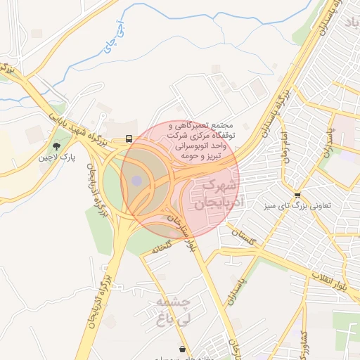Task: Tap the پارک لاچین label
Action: pos(56,157)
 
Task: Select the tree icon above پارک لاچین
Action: pos(56,146)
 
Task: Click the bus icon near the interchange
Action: pos(129,139)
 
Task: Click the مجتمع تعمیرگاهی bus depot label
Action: pos(204,141)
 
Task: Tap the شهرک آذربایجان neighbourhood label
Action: pos(215,194)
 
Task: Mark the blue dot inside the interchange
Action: pos(136,182)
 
